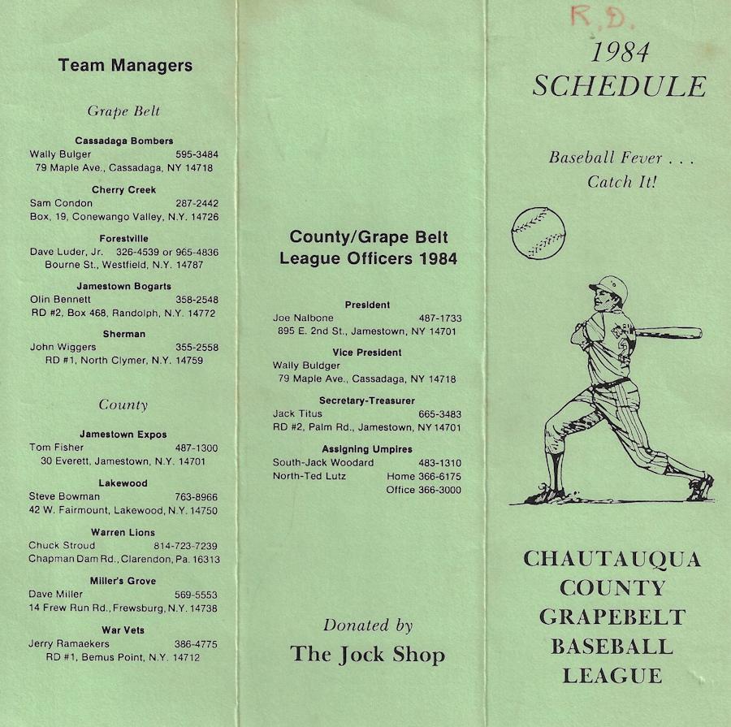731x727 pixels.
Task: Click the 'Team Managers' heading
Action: coord(125,66)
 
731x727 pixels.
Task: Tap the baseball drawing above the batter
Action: coord(539,232)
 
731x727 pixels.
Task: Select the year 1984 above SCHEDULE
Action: coord(619,53)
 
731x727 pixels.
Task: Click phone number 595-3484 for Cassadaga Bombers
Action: coord(197,154)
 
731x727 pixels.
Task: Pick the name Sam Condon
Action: coord(61,203)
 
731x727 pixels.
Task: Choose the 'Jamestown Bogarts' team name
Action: coord(124,286)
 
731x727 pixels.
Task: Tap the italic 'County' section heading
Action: coord(123,405)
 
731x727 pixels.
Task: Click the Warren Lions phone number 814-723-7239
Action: coord(185,546)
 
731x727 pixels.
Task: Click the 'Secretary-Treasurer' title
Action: coord(367,401)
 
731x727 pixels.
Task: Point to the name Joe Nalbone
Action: coord(303,318)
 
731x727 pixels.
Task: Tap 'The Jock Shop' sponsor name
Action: coord(368,654)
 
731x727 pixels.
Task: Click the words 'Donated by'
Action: coord(368,625)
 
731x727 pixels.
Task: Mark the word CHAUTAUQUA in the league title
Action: coord(612,559)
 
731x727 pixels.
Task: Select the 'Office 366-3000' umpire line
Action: coord(423,490)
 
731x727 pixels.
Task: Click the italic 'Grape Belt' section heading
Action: coord(123,112)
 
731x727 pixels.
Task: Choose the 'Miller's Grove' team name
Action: coord(124,581)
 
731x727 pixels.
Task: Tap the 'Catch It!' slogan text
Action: coord(621,182)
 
